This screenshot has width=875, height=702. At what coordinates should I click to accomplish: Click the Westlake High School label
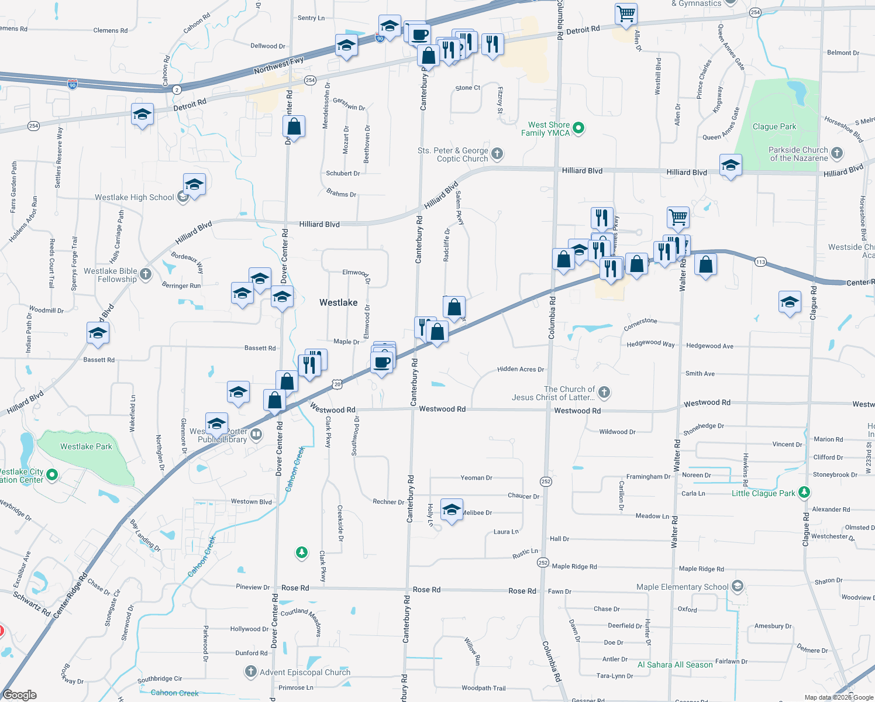135,197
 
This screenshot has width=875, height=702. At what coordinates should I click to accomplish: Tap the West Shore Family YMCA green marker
578,128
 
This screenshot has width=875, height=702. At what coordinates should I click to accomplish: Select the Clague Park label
774,126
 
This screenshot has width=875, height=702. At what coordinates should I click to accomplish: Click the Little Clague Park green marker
804,493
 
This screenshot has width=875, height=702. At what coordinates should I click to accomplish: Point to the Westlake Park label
86,446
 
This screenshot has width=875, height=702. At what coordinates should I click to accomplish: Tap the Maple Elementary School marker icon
738,586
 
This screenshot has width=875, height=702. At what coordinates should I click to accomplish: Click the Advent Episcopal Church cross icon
251,672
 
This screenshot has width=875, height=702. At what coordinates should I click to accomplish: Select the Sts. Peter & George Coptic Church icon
497,154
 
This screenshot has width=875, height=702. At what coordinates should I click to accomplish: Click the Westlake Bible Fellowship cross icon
146,274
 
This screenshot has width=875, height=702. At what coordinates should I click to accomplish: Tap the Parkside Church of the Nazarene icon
837,153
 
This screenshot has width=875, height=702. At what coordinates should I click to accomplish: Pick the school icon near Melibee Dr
452,510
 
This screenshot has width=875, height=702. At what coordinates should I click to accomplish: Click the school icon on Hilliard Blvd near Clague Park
731,166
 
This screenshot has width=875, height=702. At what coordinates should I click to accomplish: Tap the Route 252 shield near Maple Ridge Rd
543,563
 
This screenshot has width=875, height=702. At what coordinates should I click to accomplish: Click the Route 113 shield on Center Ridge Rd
760,261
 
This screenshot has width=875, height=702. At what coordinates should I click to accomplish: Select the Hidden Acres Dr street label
521,369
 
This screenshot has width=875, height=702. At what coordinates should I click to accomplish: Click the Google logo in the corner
19,694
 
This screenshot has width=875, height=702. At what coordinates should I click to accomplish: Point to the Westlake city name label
338,302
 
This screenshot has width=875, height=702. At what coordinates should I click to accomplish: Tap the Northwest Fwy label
278,65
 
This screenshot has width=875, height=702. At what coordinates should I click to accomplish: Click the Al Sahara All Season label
675,665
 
